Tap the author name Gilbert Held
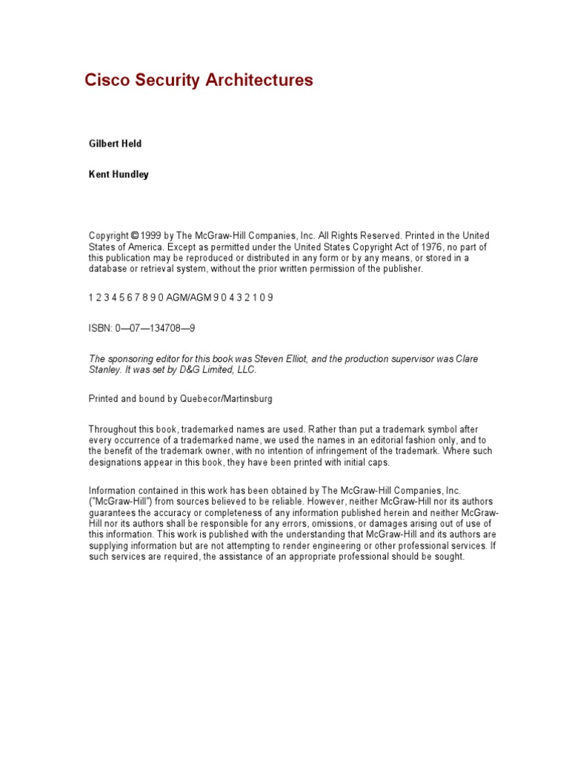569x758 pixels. [x=115, y=144]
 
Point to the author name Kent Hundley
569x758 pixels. [x=119, y=175]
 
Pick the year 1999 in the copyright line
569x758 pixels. [x=151, y=235]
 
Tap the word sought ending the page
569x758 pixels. [x=449, y=557]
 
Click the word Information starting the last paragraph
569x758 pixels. [x=112, y=490]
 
